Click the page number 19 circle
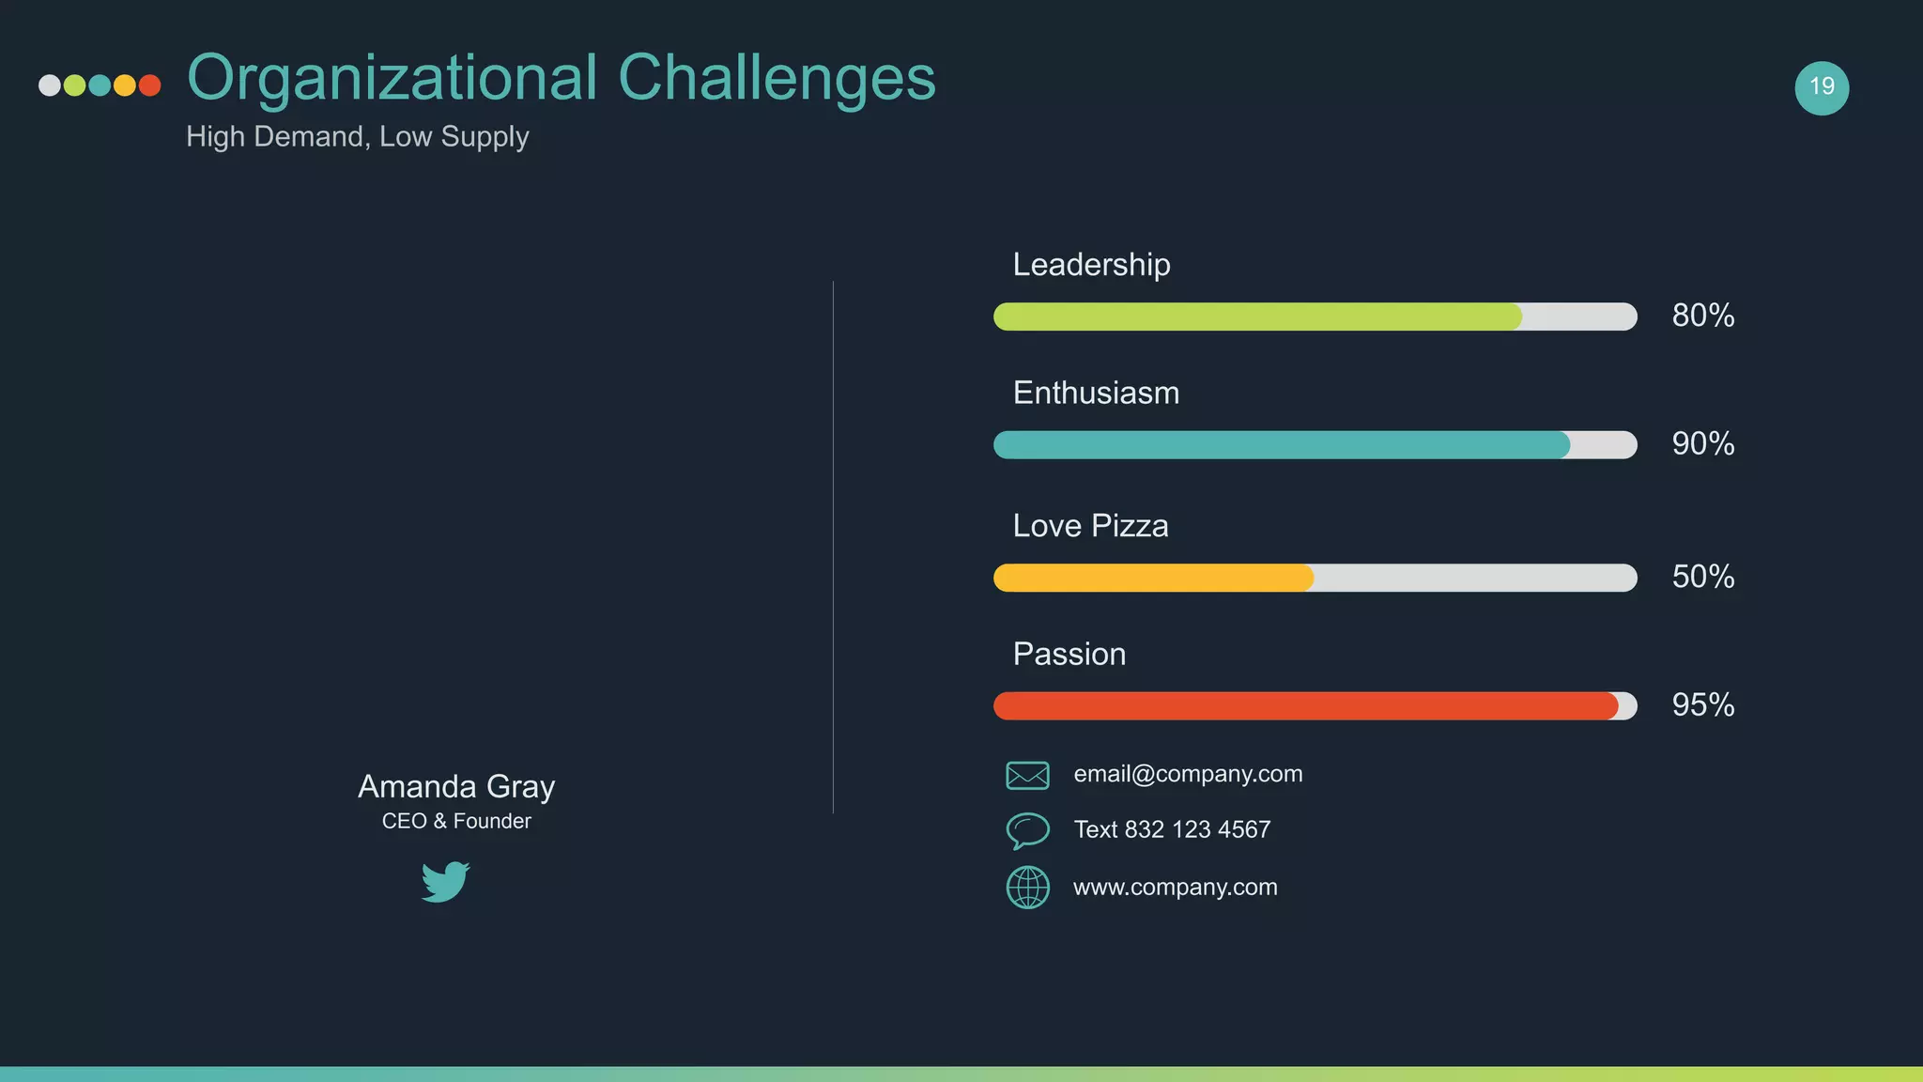1822,87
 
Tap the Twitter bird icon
445,881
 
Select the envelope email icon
1027,775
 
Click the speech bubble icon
1027,830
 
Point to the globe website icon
1027,887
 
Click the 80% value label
1702,316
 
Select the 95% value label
1702,705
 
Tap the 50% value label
1702,577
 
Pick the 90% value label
1702,443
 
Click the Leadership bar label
1091,265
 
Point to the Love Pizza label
1090,526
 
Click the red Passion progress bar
1305,706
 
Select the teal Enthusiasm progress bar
1282,445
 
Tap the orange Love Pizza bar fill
1153,578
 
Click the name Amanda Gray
456,786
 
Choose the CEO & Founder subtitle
456,822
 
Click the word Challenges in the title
777,77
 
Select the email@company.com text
1188,774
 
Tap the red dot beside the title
149,85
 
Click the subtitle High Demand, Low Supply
358,137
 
